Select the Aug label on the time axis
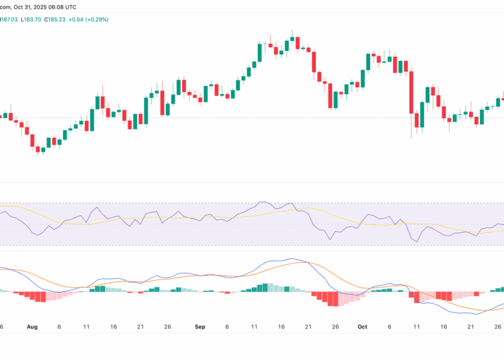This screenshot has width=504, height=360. click(x=32, y=326)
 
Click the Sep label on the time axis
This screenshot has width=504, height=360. click(x=200, y=326)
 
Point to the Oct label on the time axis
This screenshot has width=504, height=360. click(x=362, y=326)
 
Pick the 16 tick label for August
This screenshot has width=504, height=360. click(x=113, y=326)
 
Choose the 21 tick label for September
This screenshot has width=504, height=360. click(x=308, y=326)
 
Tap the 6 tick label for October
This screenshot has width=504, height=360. click(x=389, y=326)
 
